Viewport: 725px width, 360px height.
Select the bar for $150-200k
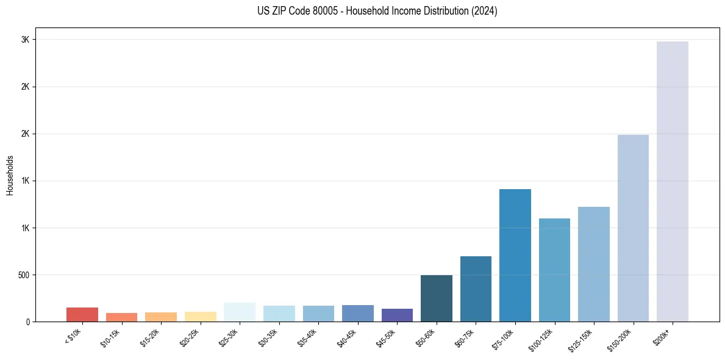[x=633, y=228]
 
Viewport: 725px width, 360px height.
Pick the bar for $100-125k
[x=554, y=270]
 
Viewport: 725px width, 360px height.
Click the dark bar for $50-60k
[x=436, y=298]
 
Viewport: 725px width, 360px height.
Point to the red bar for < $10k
[x=82, y=314]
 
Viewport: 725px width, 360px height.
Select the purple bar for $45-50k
[x=397, y=315]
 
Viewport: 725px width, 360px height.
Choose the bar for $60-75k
[x=476, y=289]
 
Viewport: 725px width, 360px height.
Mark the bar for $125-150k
[x=593, y=264]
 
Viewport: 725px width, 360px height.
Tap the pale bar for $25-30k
[x=240, y=312]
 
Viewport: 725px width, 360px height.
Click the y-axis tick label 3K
[x=25, y=40]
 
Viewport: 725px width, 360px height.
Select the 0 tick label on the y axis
[x=27, y=322]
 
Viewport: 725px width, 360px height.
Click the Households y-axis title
[x=10, y=175]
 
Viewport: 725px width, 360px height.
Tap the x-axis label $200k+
[x=662, y=337]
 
